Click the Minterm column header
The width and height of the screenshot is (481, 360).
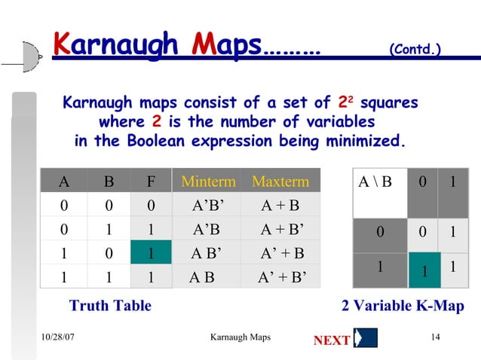click(x=208, y=182)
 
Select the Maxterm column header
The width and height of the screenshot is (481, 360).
click(x=280, y=182)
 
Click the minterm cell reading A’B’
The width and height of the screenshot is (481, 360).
click(x=208, y=206)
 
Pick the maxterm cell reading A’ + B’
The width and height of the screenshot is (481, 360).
click(x=282, y=276)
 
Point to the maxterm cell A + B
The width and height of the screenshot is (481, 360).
click(x=280, y=206)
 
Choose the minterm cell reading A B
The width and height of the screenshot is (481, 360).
click(x=201, y=276)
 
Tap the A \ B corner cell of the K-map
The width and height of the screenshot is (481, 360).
click(x=376, y=182)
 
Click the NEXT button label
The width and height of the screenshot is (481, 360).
click(x=331, y=340)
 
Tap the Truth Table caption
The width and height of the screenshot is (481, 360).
click(x=110, y=306)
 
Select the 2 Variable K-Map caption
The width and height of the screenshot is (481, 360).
click(x=403, y=306)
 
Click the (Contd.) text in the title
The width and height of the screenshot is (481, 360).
click(x=414, y=50)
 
